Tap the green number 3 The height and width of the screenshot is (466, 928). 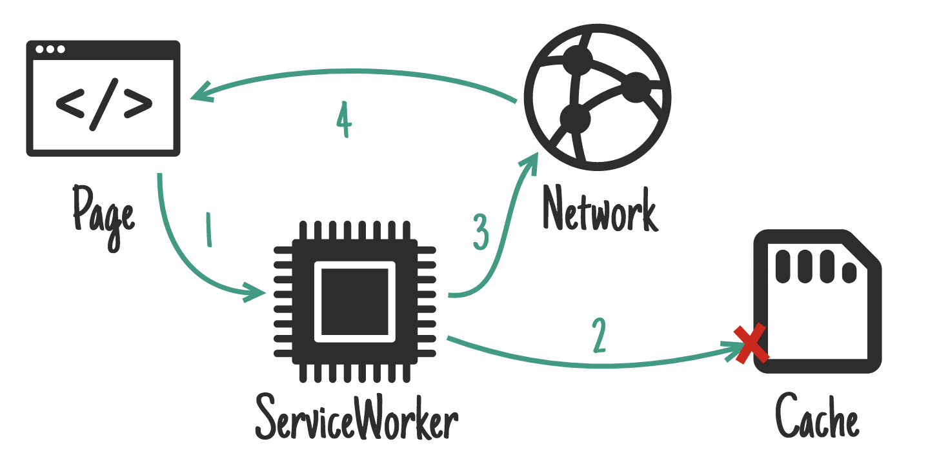pos(481,232)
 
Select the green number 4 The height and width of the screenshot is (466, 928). pos(343,121)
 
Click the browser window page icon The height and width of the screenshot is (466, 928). pos(103,98)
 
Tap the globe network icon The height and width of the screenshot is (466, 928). pos(598,98)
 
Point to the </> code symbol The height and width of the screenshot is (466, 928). pos(103,105)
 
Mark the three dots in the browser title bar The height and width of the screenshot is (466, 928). pos(50,50)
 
